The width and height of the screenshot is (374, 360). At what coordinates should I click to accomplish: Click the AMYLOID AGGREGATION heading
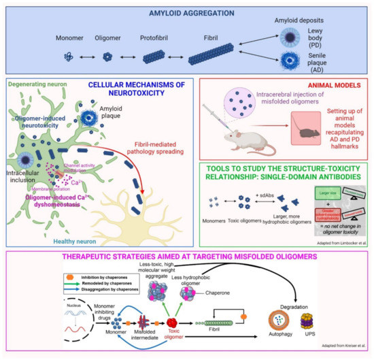pos(187,12)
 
